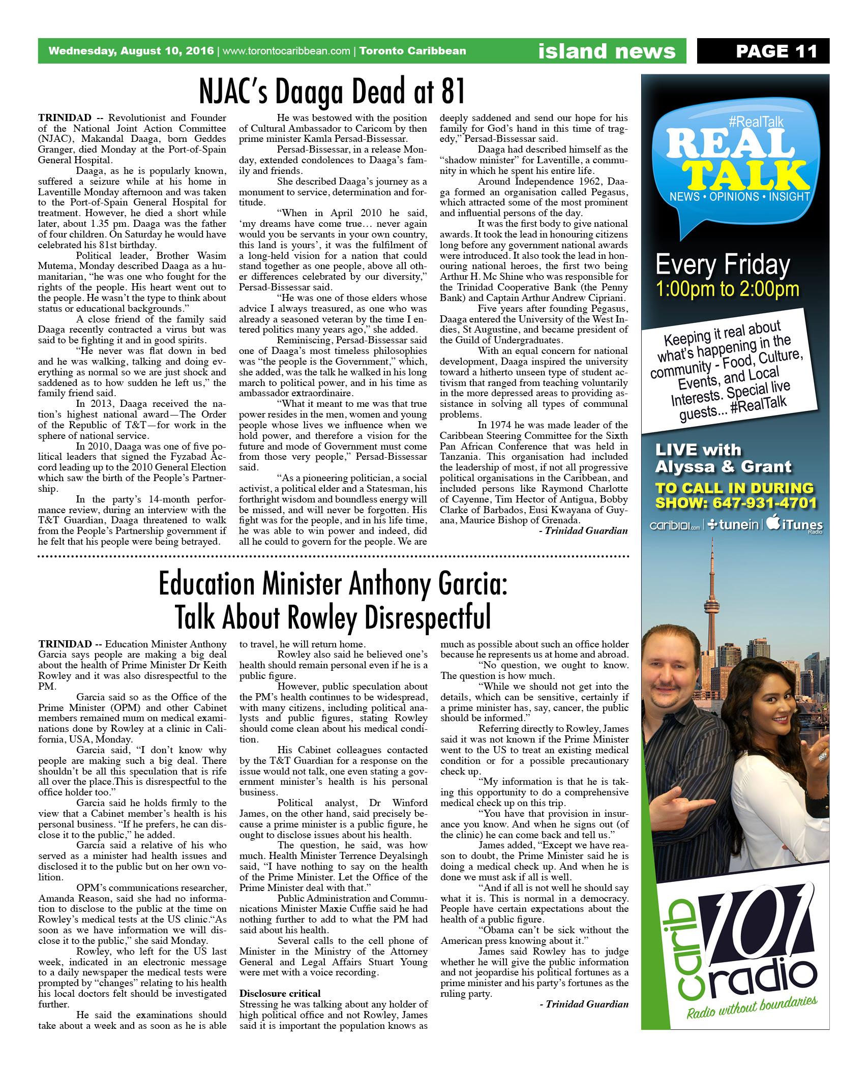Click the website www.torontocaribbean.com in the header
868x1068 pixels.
point(287,51)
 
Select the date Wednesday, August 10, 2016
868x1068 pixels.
point(132,51)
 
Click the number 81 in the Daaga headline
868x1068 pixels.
point(452,92)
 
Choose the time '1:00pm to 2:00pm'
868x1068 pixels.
point(728,289)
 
